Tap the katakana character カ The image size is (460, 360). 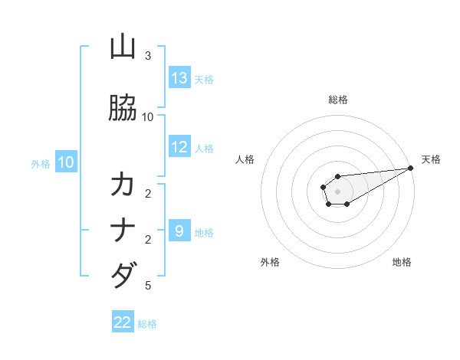[x=123, y=185]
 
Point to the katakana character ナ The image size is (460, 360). [x=123, y=230]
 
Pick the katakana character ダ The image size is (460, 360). [x=123, y=274]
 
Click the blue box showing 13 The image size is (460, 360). [x=179, y=78]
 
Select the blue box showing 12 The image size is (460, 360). [x=179, y=147]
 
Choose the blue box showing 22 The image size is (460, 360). [x=123, y=322]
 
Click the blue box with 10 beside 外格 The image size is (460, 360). [x=65, y=162]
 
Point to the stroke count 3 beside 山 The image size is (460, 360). [x=148, y=56]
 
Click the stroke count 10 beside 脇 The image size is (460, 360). [x=148, y=116]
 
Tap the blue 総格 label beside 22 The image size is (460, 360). [x=147, y=324]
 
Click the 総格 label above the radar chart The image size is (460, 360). [x=337, y=100]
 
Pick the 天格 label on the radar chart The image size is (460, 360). [x=431, y=159]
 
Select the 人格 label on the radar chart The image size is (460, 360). [x=245, y=159]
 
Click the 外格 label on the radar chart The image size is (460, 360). [x=270, y=263]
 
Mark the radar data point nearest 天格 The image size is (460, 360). [x=411, y=169]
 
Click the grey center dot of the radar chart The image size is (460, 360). [x=337, y=191]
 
